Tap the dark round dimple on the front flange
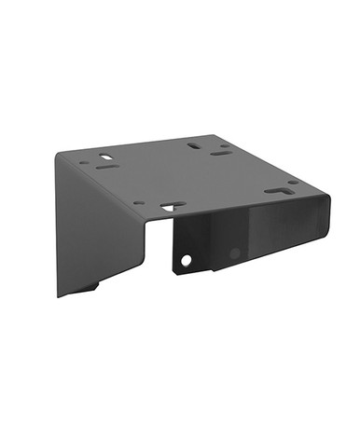pos(235,253)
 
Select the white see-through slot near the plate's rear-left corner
pos(105,157)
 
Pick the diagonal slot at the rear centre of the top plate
pos(193,145)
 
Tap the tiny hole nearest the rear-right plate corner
pos(227,143)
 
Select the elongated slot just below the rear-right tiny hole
pos(221,152)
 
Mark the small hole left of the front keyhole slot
pos(139,202)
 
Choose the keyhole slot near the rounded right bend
pos(277,191)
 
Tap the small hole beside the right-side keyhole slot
pos(293,183)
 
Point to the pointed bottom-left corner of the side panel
pos(59,297)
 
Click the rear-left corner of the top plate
pos(58,155)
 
